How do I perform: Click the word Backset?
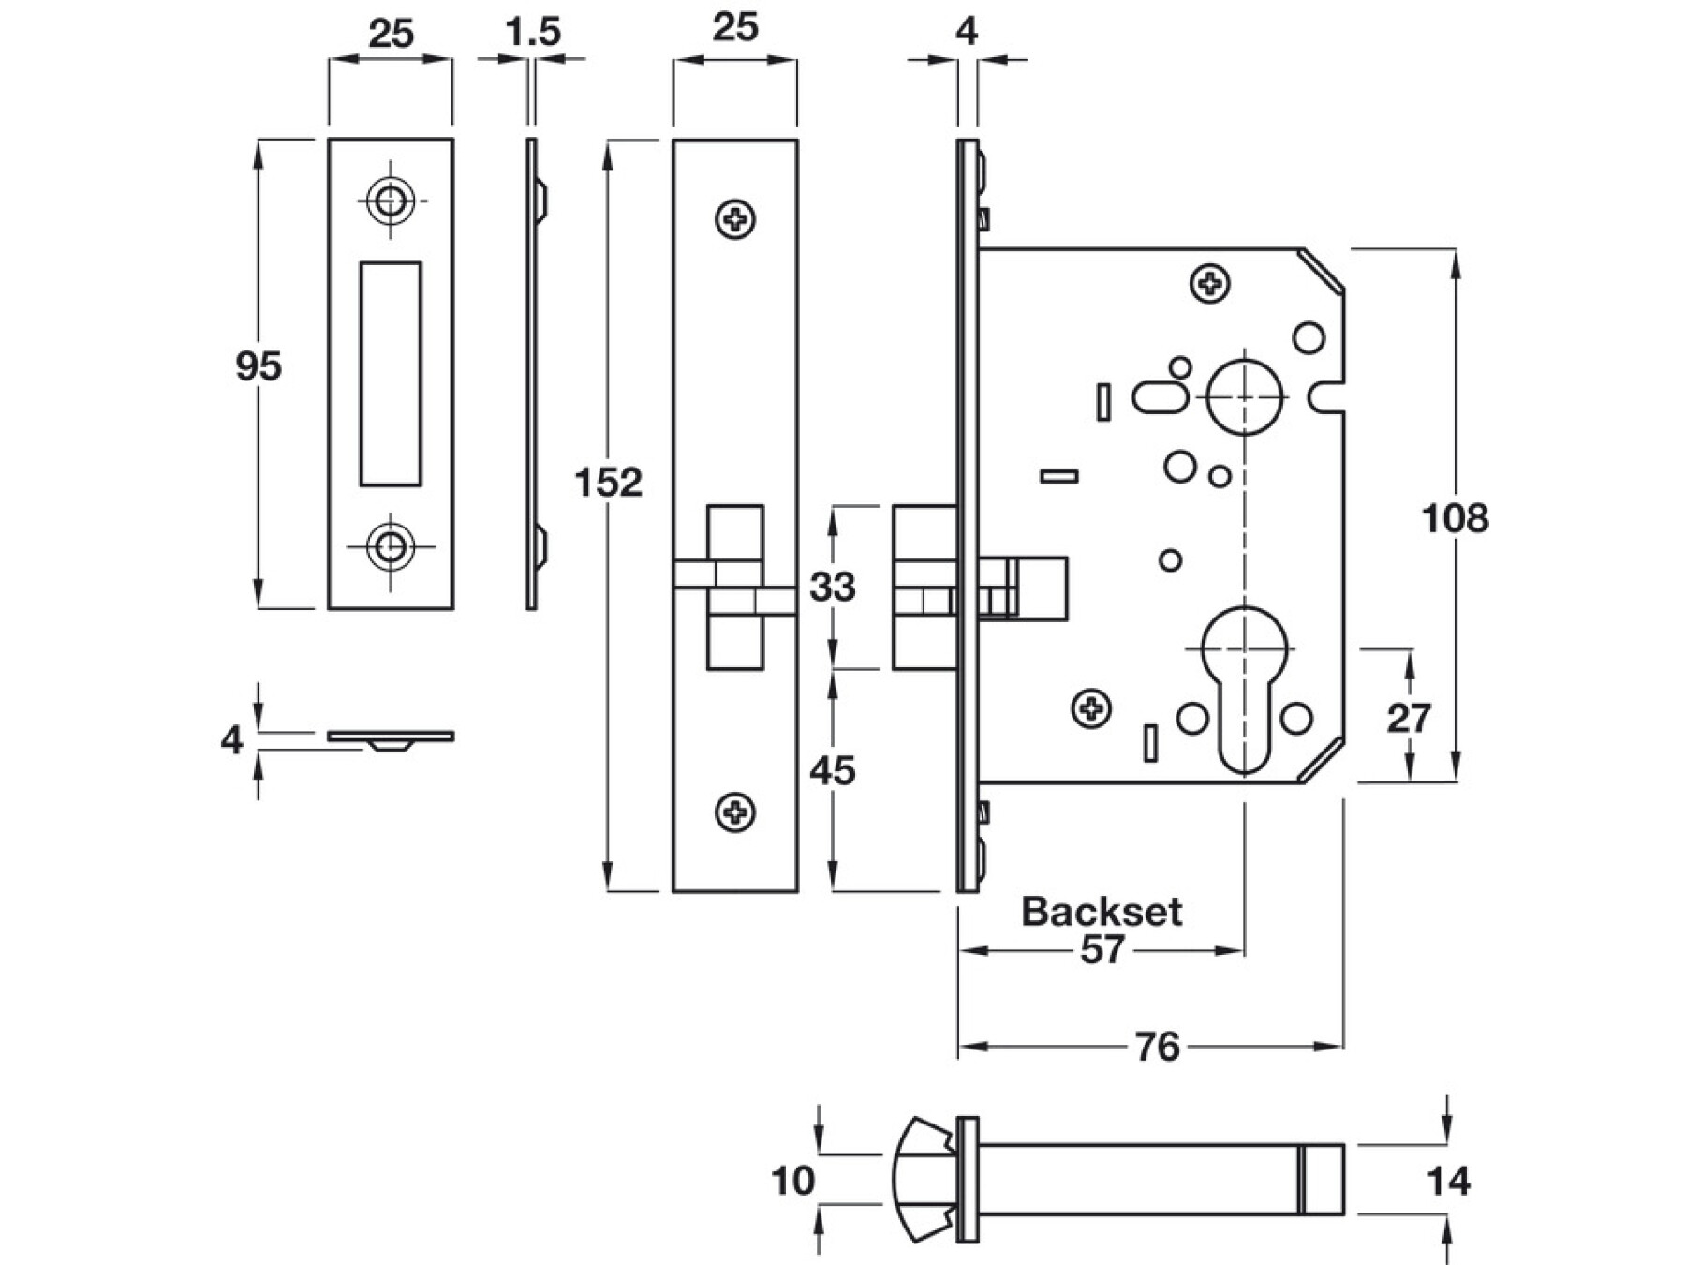(1101, 911)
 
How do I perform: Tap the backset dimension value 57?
(1102, 950)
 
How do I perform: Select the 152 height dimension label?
(608, 483)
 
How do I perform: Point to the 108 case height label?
(1454, 518)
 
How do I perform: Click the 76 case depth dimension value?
(1157, 1047)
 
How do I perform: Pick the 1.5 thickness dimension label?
(532, 33)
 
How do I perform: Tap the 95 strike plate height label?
(258, 365)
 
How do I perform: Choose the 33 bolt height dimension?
(832, 588)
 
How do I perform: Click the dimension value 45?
(832, 771)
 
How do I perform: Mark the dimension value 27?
(1408, 719)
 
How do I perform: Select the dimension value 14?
(1447, 1182)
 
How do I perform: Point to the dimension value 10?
(792, 1182)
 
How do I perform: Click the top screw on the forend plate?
(736, 220)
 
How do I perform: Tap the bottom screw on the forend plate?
(736, 811)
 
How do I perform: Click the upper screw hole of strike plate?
(391, 201)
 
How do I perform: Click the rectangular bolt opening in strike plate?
(391, 374)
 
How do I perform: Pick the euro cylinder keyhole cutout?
(1244, 689)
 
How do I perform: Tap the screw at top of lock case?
(1209, 283)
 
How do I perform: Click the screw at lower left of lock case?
(1091, 708)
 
